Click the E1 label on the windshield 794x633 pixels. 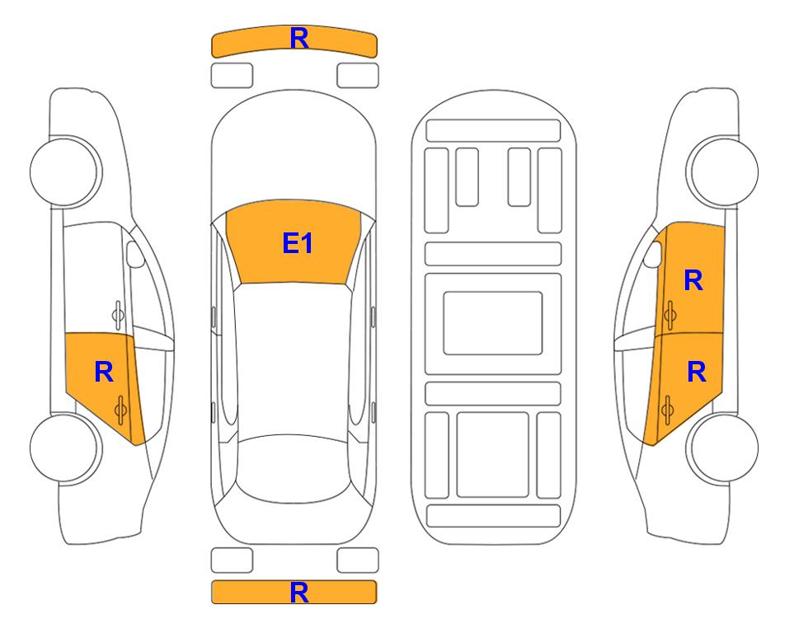pos(298,243)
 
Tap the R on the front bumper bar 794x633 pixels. pos(299,38)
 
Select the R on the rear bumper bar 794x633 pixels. pos(298,593)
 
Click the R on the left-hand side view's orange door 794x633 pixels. pos(104,373)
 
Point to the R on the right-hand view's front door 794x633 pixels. pos(693,280)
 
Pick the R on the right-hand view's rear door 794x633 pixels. pos(696,373)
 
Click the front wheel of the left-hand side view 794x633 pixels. pos(65,171)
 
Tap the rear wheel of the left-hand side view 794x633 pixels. pos(65,448)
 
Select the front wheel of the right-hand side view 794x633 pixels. pos(722,171)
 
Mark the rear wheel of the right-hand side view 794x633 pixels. pos(722,448)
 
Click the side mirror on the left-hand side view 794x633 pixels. pos(134,254)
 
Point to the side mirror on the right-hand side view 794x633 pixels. pos(653,254)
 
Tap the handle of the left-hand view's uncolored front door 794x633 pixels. pos(118,315)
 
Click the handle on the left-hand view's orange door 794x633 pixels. pos(121,410)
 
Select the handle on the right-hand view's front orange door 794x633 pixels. pos(669,315)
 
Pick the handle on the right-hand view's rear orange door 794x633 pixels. pos(667,410)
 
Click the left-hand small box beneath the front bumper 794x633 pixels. pos(232,76)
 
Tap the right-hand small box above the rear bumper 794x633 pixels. pos(358,560)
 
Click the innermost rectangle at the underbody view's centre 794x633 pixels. pos(493,323)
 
